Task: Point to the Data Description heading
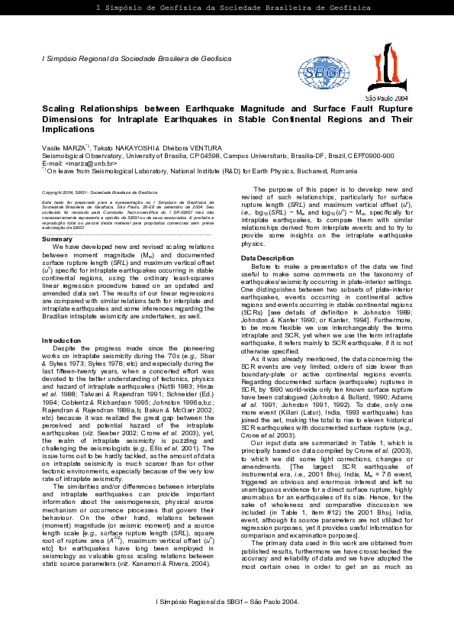click(x=267, y=258)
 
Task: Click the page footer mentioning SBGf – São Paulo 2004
click(x=227, y=623)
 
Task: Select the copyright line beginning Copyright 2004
click(x=99, y=192)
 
